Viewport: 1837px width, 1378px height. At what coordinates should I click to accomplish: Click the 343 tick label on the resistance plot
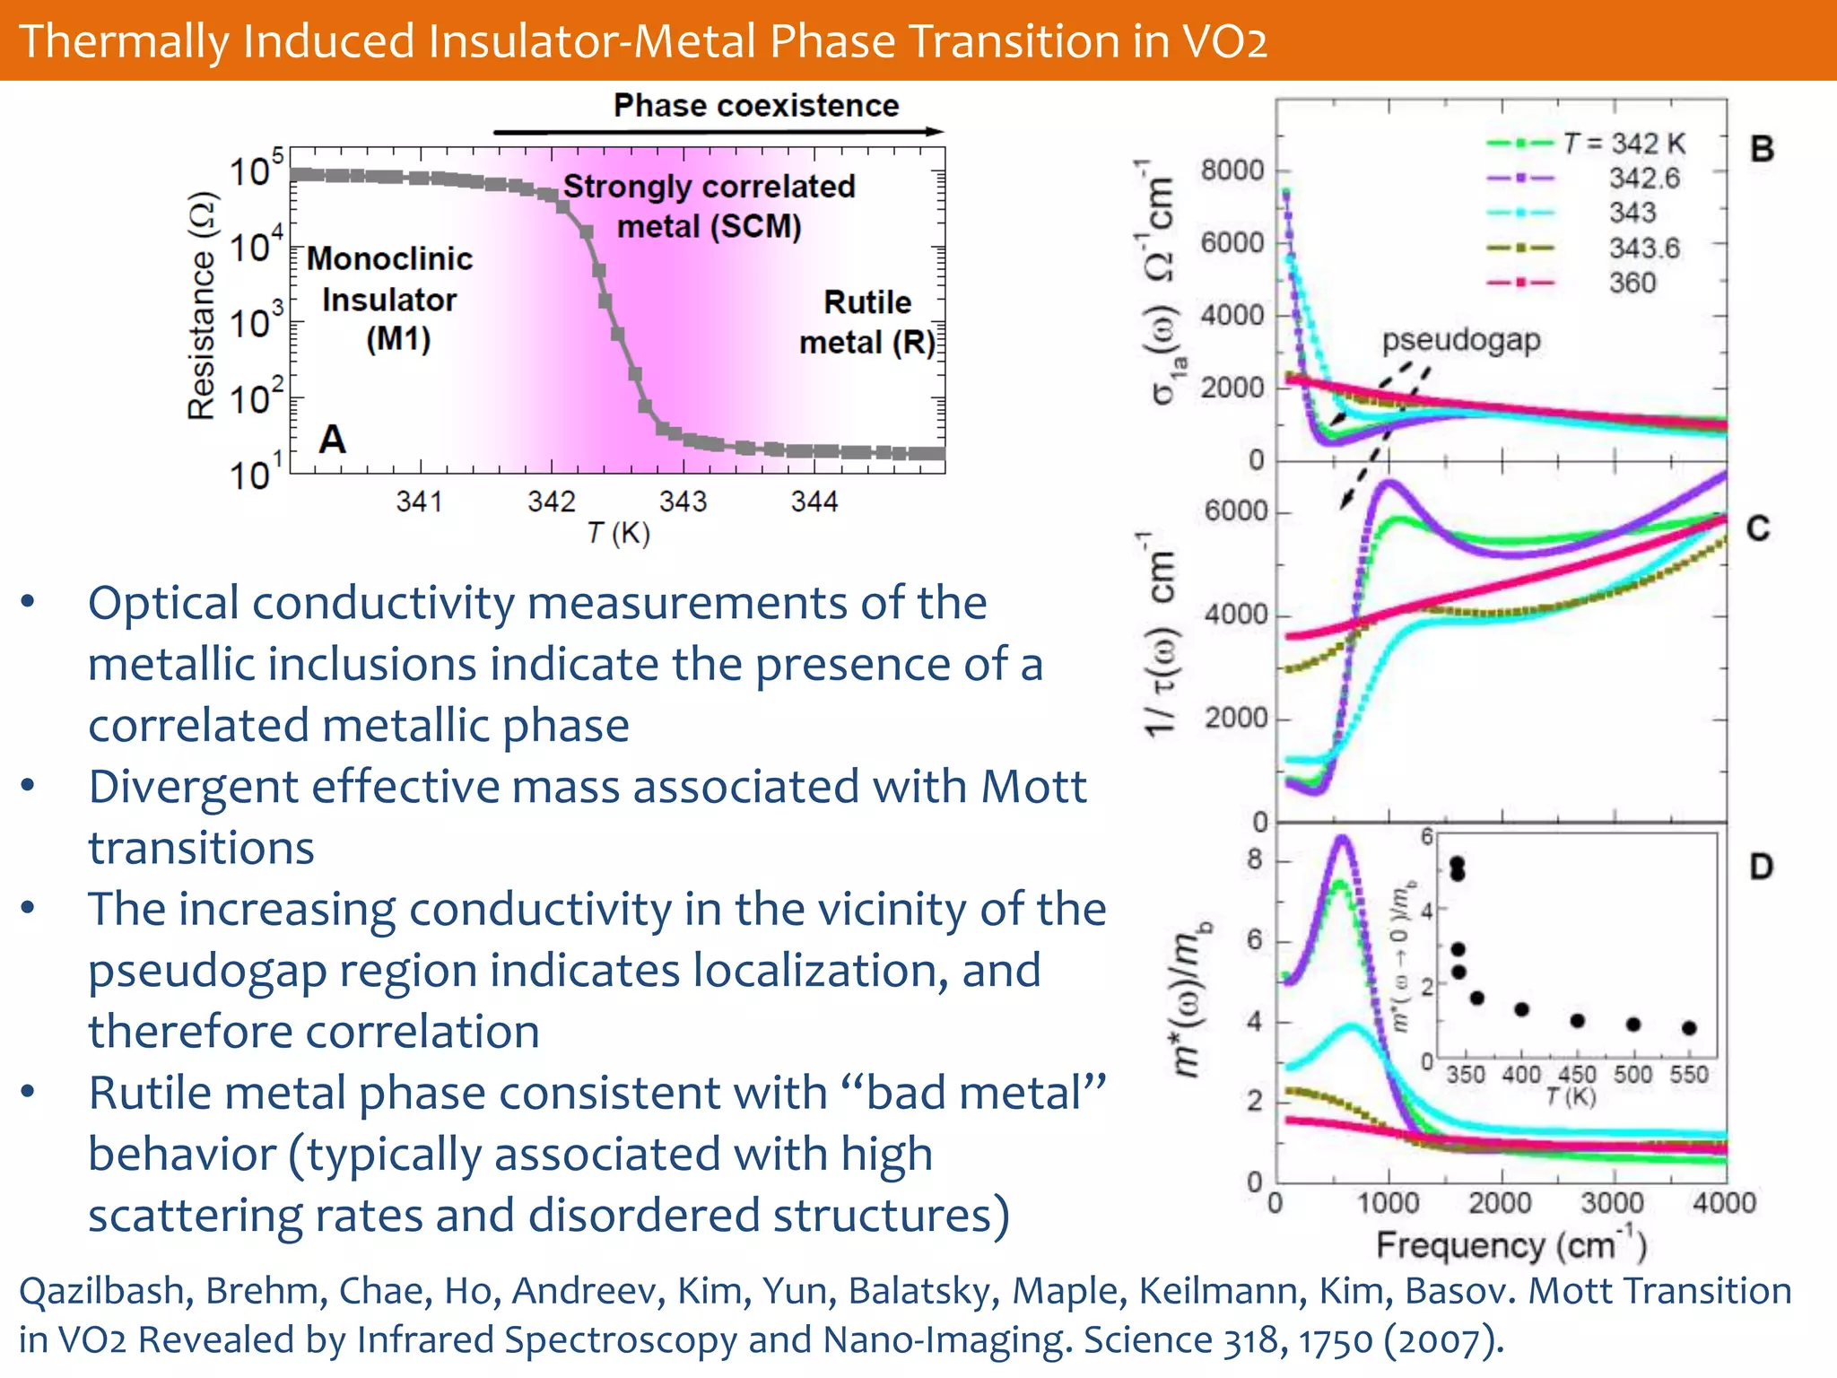click(x=683, y=501)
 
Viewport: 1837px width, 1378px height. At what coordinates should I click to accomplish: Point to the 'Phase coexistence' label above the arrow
click(x=755, y=106)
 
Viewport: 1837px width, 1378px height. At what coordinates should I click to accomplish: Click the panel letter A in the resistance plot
click(x=332, y=440)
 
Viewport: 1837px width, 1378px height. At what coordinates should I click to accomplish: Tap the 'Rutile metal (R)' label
click(x=866, y=322)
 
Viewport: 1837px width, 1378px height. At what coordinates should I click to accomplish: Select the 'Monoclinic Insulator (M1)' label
click(x=390, y=299)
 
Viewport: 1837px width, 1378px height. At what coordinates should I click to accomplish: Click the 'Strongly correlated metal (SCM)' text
click(x=709, y=205)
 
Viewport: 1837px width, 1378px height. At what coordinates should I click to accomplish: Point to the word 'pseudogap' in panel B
click(x=1460, y=340)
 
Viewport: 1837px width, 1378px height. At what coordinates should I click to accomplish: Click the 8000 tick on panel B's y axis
click(x=1232, y=170)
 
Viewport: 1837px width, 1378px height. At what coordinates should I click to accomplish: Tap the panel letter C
click(x=1757, y=528)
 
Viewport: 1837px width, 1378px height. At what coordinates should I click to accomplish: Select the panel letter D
click(x=1761, y=867)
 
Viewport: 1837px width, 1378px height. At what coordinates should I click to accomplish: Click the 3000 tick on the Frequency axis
click(x=1612, y=1203)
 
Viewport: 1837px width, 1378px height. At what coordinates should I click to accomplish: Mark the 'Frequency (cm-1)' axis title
click(x=1511, y=1245)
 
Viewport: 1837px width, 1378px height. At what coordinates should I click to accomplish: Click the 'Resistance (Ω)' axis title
click(x=202, y=306)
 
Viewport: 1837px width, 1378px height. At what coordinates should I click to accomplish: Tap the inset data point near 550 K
click(x=1689, y=1028)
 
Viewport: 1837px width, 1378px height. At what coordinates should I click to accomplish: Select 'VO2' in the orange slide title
click(x=1224, y=41)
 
